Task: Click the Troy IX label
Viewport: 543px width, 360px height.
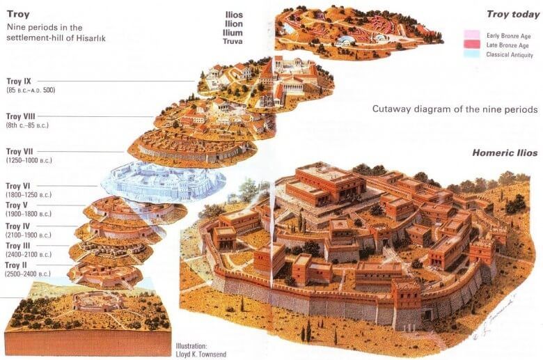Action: [19, 81]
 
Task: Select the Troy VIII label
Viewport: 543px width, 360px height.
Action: [20, 116]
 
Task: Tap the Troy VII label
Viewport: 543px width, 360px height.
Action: [19, 151]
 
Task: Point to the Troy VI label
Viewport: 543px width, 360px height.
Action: [18, 186]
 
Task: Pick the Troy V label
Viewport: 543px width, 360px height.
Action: [17, 205]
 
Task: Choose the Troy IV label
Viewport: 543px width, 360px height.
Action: [17, 226]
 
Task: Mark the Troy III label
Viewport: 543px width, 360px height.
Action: [17, 246]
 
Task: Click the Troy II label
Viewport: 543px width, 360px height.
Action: [17, 266]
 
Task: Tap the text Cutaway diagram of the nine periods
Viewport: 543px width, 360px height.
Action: [455, 109]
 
